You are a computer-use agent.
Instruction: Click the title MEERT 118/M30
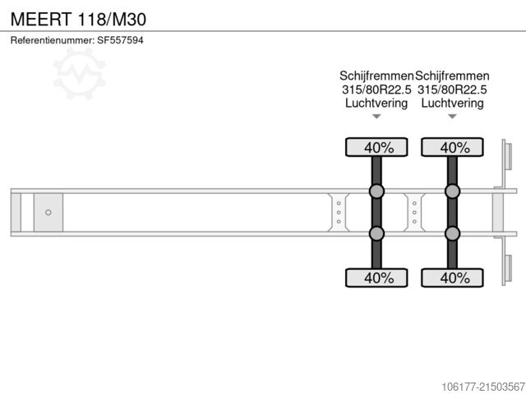point(79,17)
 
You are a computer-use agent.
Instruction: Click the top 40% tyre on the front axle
point(376,148)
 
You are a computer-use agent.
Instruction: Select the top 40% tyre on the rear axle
point(452,148)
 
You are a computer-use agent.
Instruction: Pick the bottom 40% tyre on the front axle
point(376,277)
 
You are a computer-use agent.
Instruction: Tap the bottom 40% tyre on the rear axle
point(452,277)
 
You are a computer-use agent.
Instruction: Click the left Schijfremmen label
point(377,76)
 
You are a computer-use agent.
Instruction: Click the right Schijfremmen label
point(453,76)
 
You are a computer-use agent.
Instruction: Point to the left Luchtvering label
point(376,103)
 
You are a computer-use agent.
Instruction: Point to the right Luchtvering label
point(452,103)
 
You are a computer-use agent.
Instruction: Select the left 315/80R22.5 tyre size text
point(376,89)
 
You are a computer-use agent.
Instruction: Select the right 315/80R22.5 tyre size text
point(452,89)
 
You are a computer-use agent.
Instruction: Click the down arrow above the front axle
point(376,117)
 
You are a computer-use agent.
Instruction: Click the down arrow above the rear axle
point(452,117)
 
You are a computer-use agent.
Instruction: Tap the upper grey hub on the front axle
point(376,192)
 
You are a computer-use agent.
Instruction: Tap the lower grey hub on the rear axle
point(452,234)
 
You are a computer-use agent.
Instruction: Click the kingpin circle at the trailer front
point(48,213)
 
